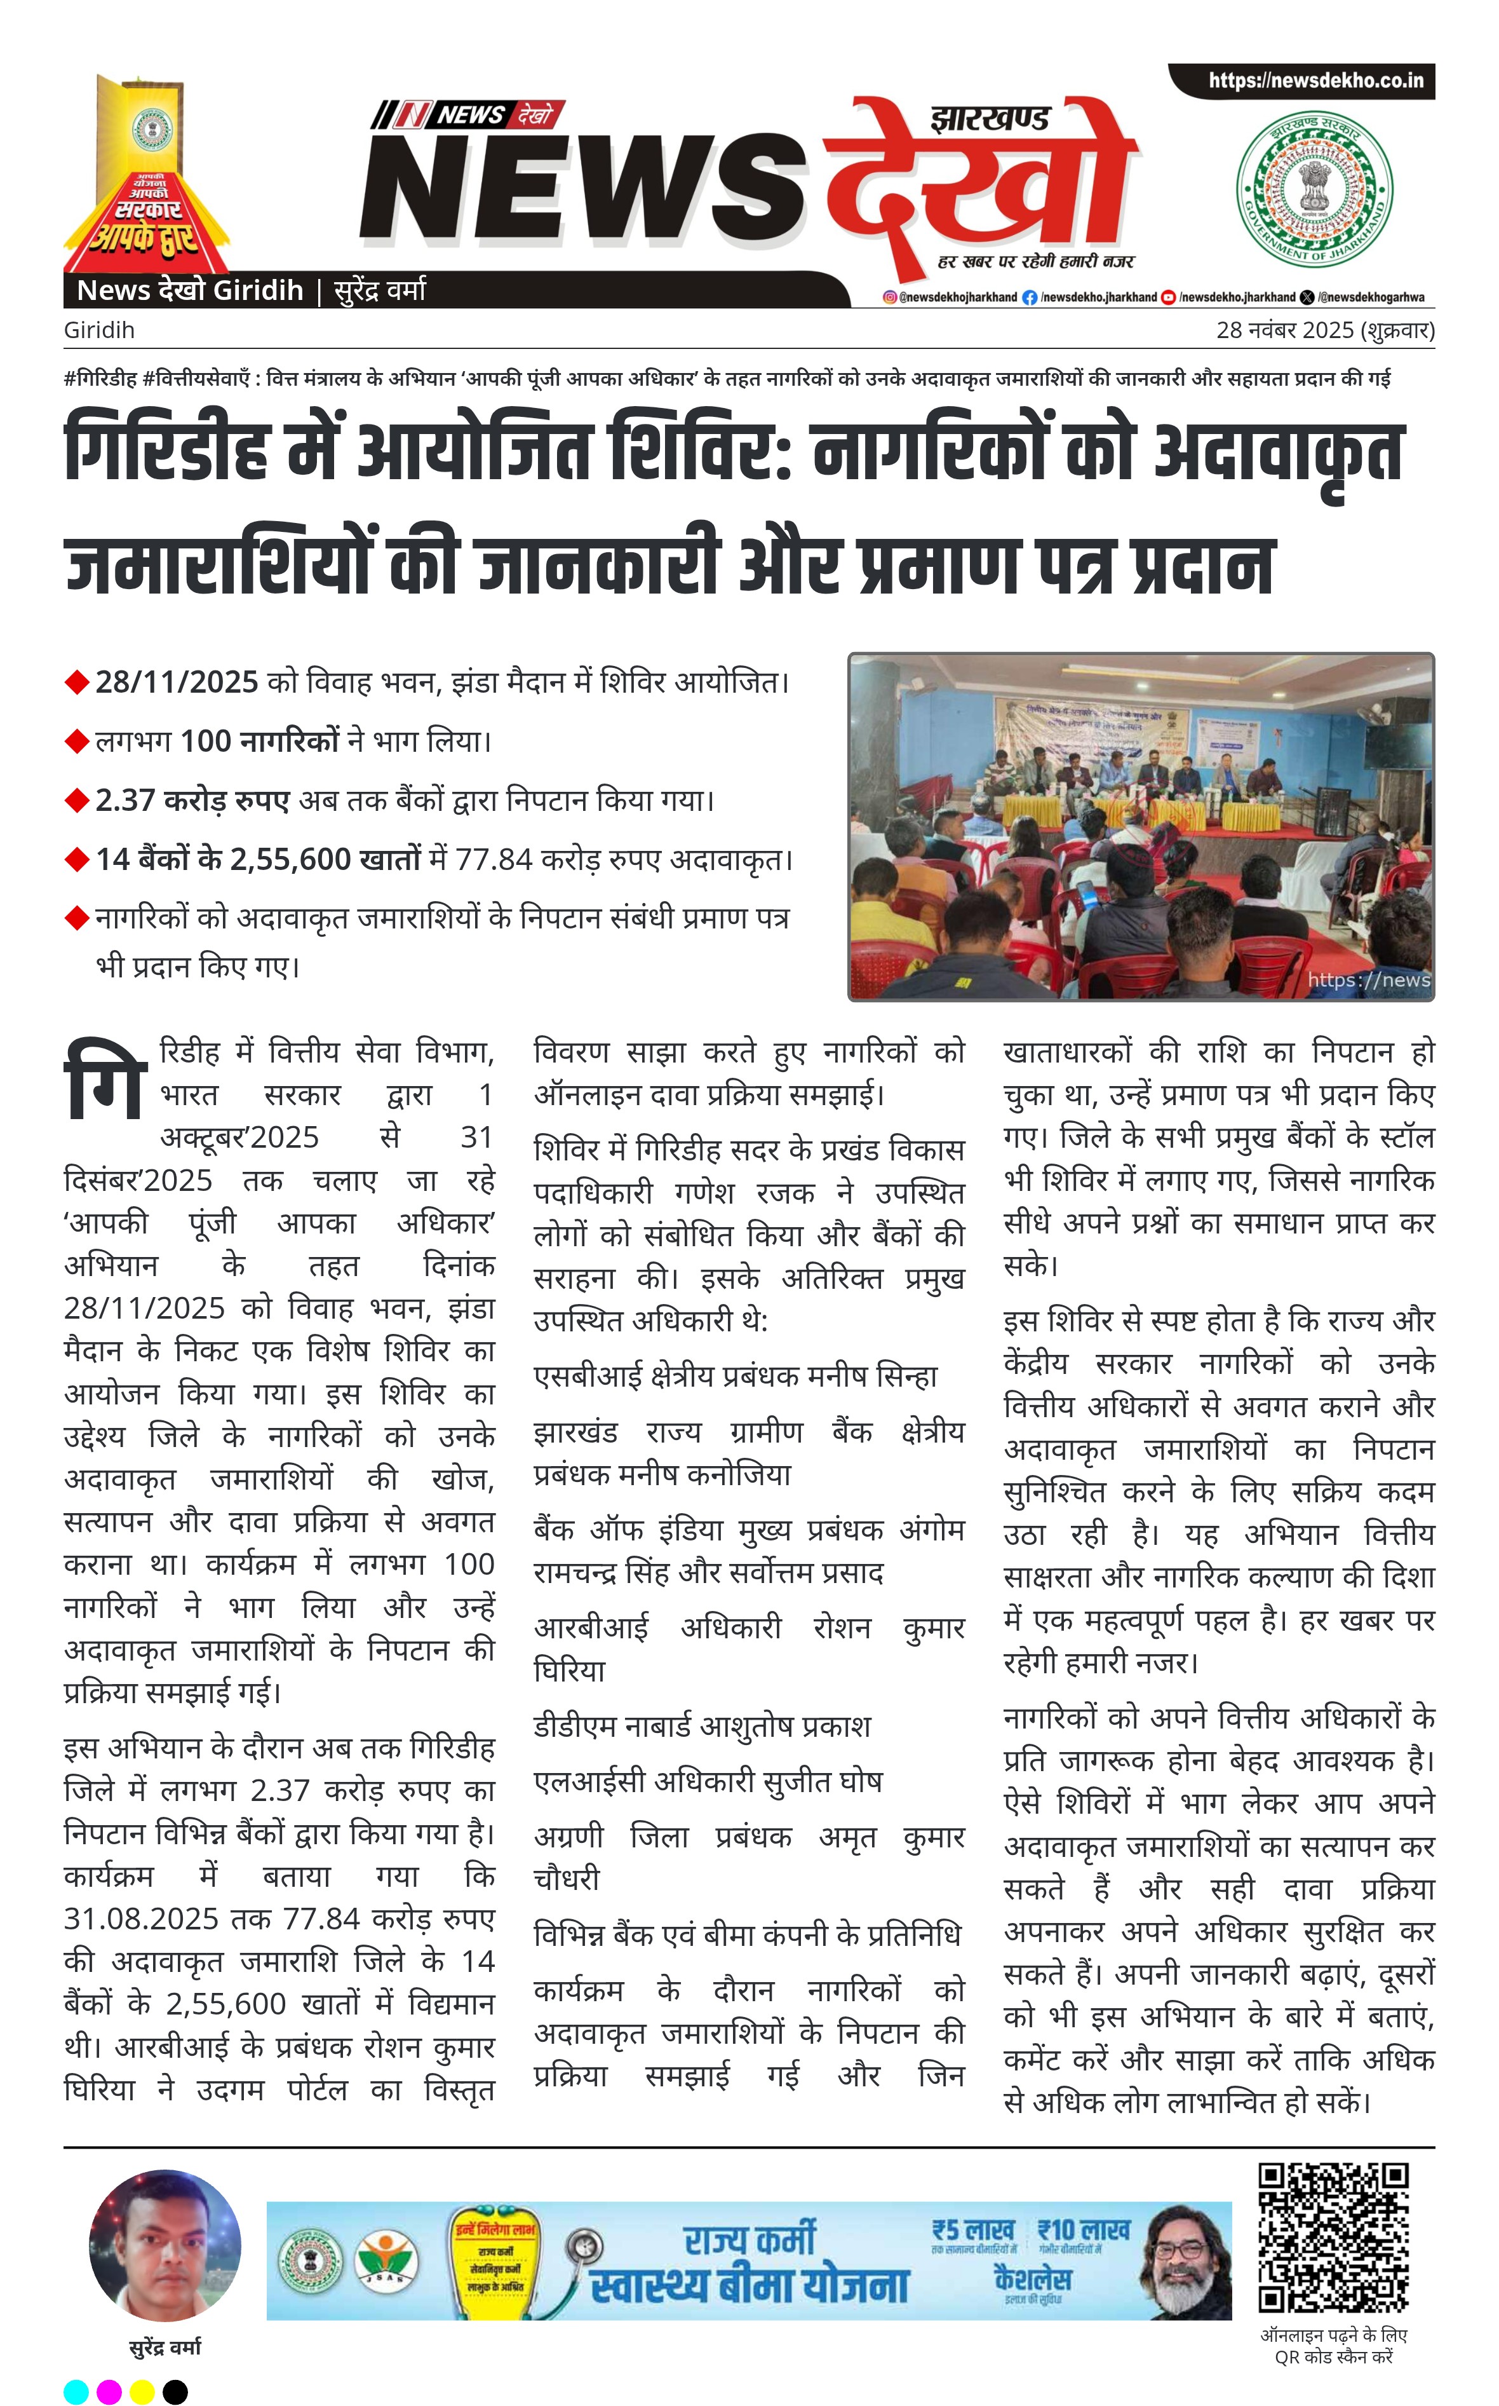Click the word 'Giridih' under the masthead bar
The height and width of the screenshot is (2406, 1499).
99,330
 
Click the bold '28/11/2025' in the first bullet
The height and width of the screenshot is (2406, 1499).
177,683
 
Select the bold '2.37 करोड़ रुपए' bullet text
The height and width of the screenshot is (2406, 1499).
192,800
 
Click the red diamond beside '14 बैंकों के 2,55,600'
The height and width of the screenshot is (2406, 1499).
76,860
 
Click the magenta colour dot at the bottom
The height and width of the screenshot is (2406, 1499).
109,2392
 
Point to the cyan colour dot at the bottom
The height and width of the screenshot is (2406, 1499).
76,2392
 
